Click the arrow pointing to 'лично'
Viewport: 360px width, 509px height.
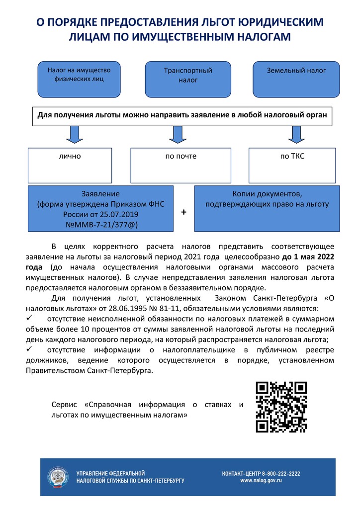75,134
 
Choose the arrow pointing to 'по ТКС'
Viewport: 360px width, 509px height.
296,134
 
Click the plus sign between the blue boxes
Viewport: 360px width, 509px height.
183,212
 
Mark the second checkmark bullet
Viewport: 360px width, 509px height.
29,350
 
